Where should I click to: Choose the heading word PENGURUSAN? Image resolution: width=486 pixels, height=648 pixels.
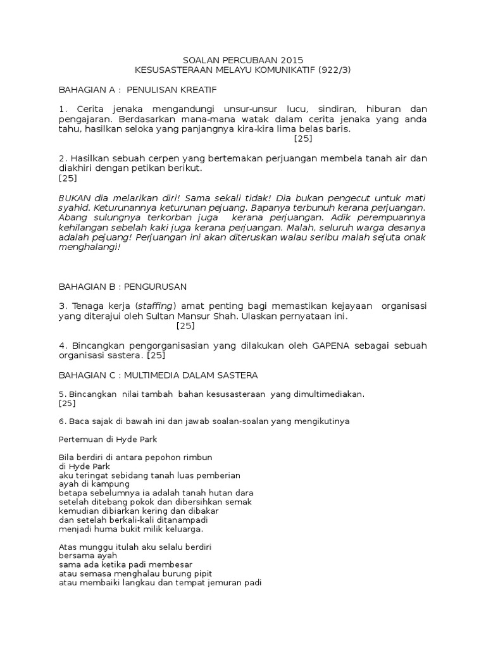[153, 286]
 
